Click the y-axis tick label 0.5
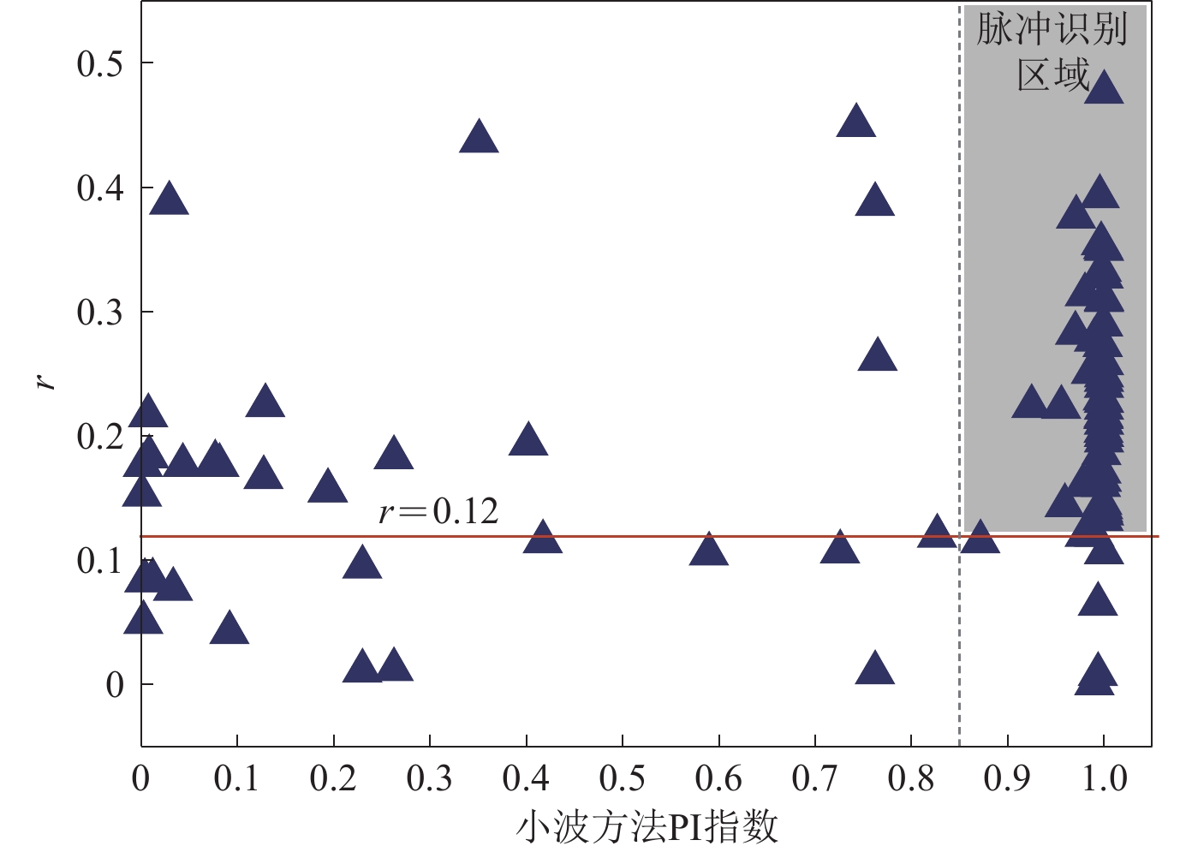pyautogui.click(x=99, y=64)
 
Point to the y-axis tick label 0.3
pyautogui.click(x=99, y=313)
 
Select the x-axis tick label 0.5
pyautogui.click(x=623, y=779)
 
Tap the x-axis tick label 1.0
pyautogui.click(x=1104, y=779)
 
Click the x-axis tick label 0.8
pyautogui.click(x=911, y=779)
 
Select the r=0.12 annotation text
pyautogui.click(x=438, y=512)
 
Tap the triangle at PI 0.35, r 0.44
pyautogui.click(x=479, y=137)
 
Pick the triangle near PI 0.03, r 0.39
pyautogui.click(x=169, y=200)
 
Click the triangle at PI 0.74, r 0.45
pyautogui.click(x=855, y=122)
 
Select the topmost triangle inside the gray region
pyautogui.click(x=1104, y=88)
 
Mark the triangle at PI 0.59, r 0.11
pyautogui.click(x=708, y=550)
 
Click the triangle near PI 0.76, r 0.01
pyautogui.click(x=874, y=669)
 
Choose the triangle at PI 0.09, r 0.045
pyautogui.click(x=229, y=629)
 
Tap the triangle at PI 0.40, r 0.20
pyautogui.click(x=527, y=440)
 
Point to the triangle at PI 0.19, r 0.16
pyautogui.click(x=327, y=487)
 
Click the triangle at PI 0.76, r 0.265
pyautogui.click(x=877, y=355)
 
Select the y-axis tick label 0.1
pyautogui.click(x=99, y=562)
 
